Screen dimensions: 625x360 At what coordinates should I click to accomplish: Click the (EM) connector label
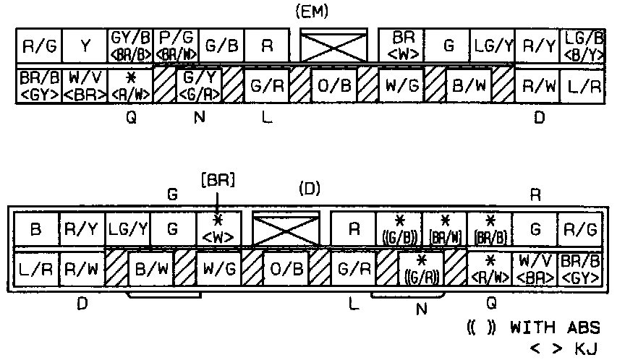click(x=311, y=12)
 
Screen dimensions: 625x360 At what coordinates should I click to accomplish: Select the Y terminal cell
click(x=85, y=47)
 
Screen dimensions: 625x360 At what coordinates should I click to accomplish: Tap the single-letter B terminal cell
click(x=36, y=230)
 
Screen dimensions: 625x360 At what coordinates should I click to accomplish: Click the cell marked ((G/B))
click(x=399, y=230)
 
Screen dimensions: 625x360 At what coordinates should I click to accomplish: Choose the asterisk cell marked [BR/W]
click(x=444, y=230)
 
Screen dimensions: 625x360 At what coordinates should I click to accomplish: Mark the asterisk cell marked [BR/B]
click(x=490, y=230)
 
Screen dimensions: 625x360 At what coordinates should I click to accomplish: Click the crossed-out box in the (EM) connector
click(x=333, y=48)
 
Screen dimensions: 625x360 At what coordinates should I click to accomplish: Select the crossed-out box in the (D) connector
click(x=285, y=230)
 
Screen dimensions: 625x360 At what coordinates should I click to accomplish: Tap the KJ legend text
click(x=586, y=349)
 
